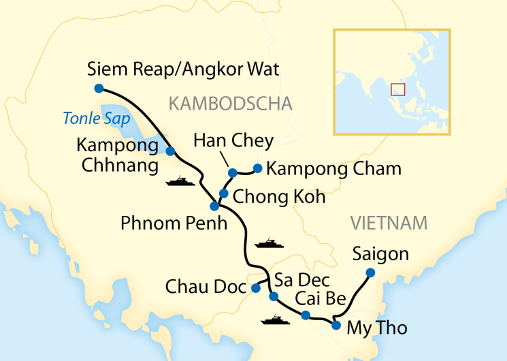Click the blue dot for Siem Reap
pos(99,88)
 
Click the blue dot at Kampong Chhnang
pos(171,151)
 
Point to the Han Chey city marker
pos(232,172)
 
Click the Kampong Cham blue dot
pos(257,168)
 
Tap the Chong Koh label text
pos(279,197)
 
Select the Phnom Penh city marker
pos(214,206)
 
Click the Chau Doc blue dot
pos(255,288)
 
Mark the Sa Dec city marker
pos(273,296)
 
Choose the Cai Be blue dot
pos(306,315)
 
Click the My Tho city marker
pos(336,326)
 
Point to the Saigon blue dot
pos(370,272)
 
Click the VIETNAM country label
pos(389,223)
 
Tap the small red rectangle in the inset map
pos(397,89)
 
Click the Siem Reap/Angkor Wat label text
pos(184,69)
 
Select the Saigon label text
pos(380,255)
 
